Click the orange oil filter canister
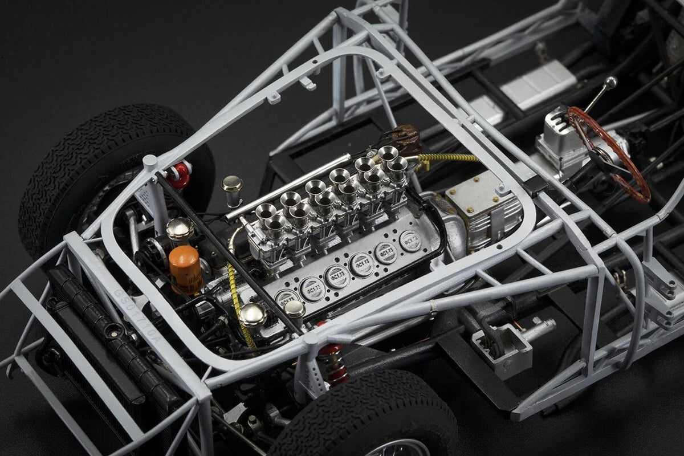click(185, 269)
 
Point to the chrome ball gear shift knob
click(610, 83)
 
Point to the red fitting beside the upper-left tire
click(181, 174)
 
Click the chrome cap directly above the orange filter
click(180, 229)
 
